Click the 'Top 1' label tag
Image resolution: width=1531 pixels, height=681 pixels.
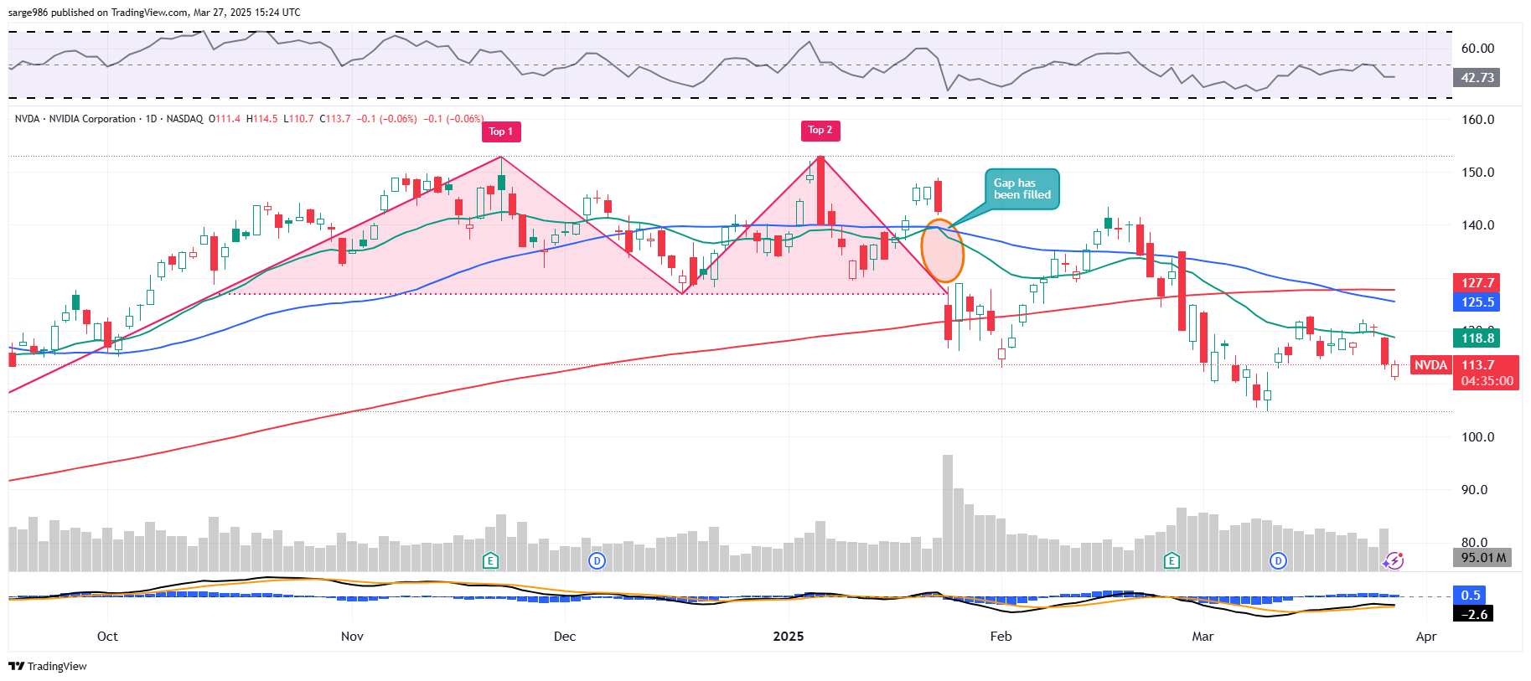tap(501, 132)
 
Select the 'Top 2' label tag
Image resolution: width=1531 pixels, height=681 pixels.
tap(820, 130)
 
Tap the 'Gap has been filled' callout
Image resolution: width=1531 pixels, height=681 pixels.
tap(1022, 189)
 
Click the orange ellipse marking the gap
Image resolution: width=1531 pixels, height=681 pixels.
tap(943, 250)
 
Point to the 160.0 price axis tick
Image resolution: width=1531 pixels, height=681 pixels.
tap(1477, 120)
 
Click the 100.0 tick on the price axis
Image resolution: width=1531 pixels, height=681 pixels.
tap(1477, 437)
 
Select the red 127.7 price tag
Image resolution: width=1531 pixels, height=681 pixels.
tap(1477, 283)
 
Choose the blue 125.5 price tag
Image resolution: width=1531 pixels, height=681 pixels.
tap(1477, 302)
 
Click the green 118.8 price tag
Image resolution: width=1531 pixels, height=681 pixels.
tap(1477, 338)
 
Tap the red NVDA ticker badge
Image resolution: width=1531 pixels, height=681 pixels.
tap(1430, 365)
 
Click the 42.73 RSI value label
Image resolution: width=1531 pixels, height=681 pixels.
tap(1477, 78)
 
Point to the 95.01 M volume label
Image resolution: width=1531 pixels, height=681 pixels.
tap(1482, 558)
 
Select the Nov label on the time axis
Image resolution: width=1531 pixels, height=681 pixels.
tap(352, 637)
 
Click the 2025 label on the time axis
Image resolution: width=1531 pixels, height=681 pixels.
tap(788, 637)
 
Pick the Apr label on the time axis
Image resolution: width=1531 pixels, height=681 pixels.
tap(1426, 637)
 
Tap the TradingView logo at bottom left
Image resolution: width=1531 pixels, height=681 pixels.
tap(48, 666)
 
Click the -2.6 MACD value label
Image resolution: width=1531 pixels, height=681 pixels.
tap(1474, 614)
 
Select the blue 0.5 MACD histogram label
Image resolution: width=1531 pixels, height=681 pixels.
tap(1471, 596)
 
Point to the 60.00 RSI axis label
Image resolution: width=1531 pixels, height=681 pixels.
tap(1477, 49)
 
